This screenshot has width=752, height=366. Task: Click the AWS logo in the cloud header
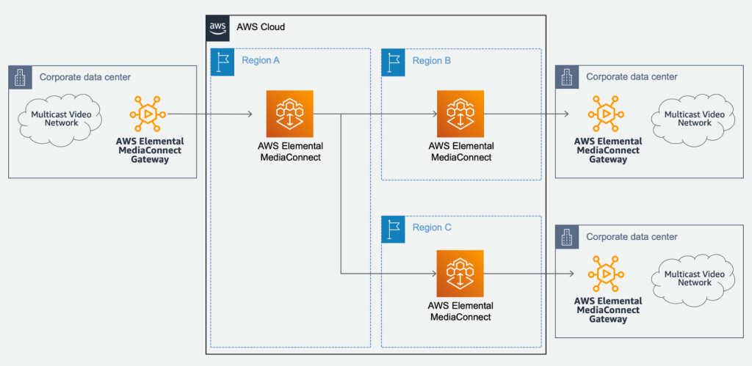pos(217,26)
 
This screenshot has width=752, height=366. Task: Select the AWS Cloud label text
pos(260,27)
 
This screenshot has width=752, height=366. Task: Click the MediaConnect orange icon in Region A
pos(289,113)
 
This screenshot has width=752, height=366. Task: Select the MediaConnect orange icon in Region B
pos(460,113)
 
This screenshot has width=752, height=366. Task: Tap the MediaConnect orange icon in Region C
pos(460,273)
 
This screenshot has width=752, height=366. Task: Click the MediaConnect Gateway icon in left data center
pos(148,114)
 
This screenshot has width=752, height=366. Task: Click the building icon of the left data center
pos(21,77)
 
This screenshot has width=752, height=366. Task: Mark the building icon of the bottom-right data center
pos(567,237)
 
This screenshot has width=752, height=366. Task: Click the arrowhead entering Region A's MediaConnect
pos(250,114)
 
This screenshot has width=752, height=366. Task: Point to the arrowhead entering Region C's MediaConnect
pos(433,274)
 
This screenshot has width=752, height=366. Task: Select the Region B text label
pos(432,61)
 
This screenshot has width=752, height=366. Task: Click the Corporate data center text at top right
pos(632,77)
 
